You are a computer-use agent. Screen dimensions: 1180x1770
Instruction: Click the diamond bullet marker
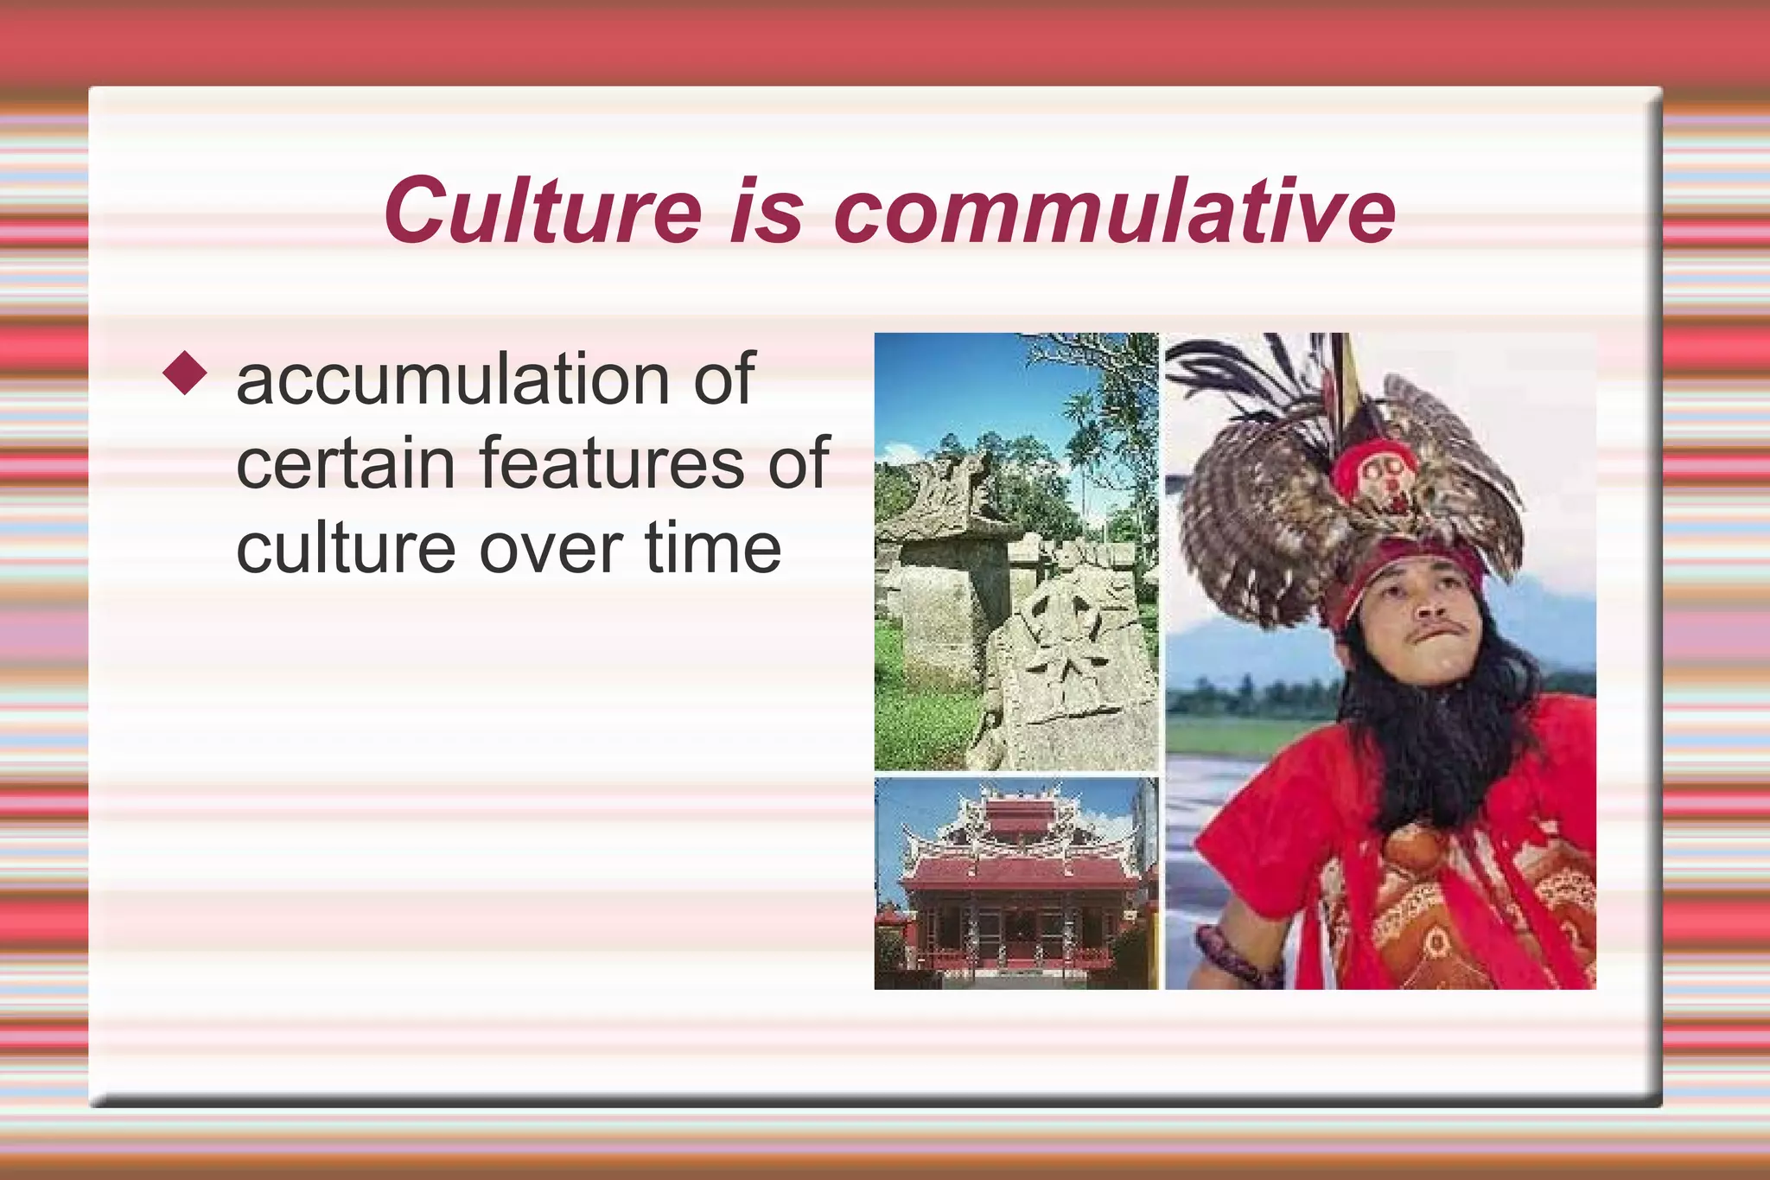[185, 373]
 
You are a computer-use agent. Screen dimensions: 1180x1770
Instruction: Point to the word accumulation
[449, 380]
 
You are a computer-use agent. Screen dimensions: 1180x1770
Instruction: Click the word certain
[345, 463]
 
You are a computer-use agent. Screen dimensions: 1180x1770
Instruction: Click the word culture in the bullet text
[345, 548]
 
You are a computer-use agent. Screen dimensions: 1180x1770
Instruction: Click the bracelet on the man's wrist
[1232, 955]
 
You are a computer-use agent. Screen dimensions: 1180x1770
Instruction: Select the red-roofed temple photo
[1016, 882]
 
